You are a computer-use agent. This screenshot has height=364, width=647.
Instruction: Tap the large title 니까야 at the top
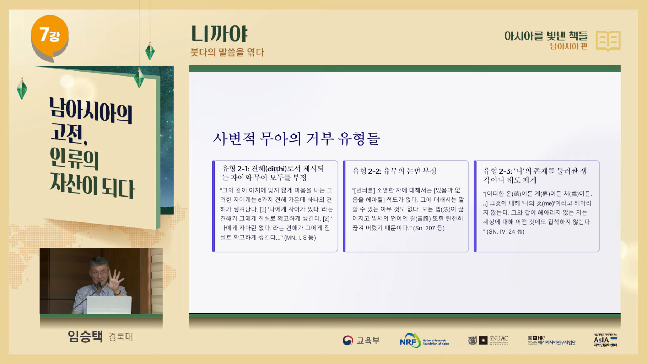click(219, 34)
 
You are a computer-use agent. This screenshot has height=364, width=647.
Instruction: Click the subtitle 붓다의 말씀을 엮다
click(227, 52)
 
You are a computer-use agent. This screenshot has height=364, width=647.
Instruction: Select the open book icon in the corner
click(608, 41)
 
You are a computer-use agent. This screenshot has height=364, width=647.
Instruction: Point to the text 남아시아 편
click(569, 46)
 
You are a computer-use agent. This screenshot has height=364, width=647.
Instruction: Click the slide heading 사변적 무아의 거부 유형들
click(297, 139)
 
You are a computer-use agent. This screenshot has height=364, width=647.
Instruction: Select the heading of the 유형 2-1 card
click(273, 173)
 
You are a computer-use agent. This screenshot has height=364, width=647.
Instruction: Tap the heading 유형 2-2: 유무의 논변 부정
click(394, 171)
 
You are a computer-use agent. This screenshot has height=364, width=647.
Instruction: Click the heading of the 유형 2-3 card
click(535, 175)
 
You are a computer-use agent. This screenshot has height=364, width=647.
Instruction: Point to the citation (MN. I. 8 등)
click(300, 238)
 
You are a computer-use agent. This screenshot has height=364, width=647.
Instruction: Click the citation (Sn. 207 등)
click(428, 228)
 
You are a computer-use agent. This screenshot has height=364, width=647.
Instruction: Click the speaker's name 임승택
click(85, 336)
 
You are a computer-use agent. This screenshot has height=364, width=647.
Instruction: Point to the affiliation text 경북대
click(120, 337)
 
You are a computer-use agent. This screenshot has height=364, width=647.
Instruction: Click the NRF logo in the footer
click(424, 340)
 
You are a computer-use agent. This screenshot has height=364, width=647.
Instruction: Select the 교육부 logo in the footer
click(361, 340)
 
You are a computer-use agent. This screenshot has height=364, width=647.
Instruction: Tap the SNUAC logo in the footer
click(488, 340)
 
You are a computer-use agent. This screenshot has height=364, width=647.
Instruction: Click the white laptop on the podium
click(109, 305)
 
